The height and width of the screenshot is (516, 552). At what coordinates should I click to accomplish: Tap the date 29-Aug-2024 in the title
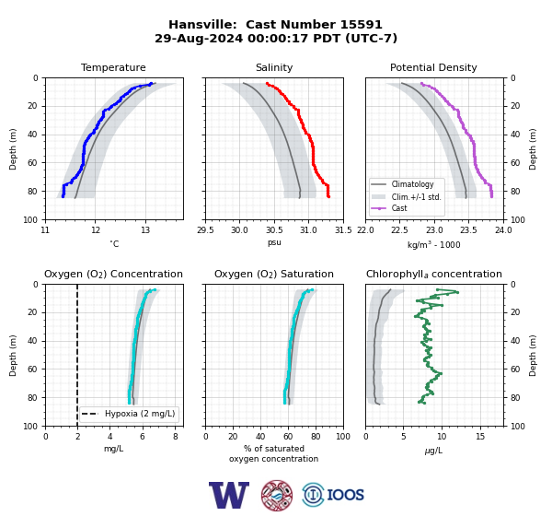tap(199, 38)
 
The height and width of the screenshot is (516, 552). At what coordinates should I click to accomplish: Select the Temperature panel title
tap(113, 67)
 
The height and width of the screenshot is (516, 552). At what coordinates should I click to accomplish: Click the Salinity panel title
tap(274, 67)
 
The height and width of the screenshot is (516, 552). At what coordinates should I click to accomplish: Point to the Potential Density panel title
tap(433, 67)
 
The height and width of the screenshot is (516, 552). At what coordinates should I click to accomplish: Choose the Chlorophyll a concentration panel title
tap(433, 274)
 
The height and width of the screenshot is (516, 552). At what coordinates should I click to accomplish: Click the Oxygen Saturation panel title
tap(274, 274)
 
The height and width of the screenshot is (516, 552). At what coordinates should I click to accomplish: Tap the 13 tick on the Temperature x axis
tap(145, 230)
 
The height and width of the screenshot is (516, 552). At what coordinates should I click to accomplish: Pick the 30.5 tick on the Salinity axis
tap(274, 230)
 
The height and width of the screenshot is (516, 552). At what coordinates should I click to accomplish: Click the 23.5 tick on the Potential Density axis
tap(468, 230)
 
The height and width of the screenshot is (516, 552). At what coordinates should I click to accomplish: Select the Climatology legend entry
tap(412, 184)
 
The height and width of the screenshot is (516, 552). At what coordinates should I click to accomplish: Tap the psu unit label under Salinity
tap(274, 243)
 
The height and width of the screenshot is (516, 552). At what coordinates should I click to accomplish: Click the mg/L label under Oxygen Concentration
tap(113, 449)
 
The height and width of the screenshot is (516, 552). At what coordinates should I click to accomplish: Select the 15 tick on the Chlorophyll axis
tap(480, 437)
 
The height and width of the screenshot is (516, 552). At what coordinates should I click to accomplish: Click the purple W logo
tap(229, 495)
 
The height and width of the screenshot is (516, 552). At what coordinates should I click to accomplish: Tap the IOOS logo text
tap(345, 495)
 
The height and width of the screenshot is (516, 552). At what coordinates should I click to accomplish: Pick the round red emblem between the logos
tap(277, 495)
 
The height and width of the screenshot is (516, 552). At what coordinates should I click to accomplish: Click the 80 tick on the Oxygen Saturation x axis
tap(316, 437)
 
